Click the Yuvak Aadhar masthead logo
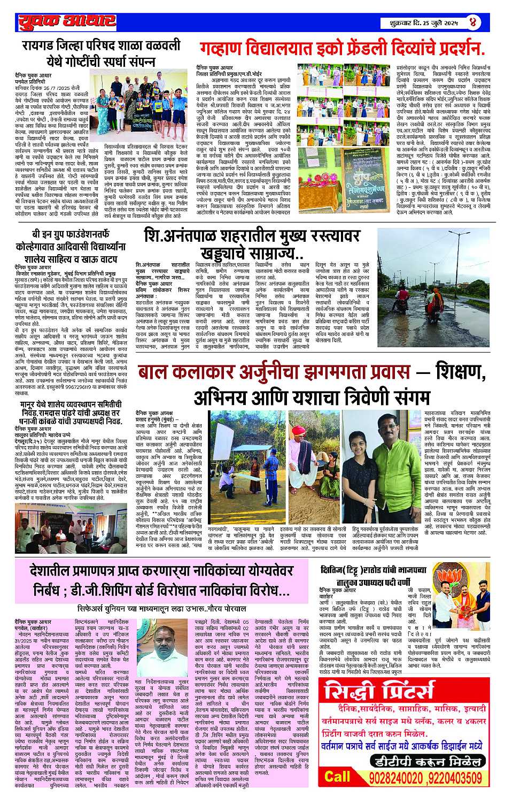click(67, 21)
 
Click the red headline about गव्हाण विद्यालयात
click(343, 49)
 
